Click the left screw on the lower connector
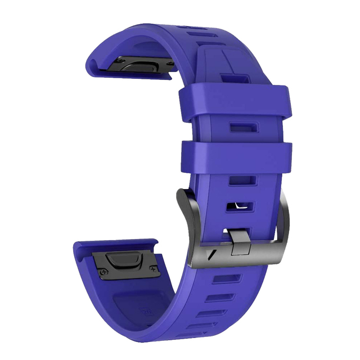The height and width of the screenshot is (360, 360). [x=103, y=272]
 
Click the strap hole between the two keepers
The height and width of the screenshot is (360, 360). [x=241, y=127]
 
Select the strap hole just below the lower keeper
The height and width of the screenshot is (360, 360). [x=242, y=181]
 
